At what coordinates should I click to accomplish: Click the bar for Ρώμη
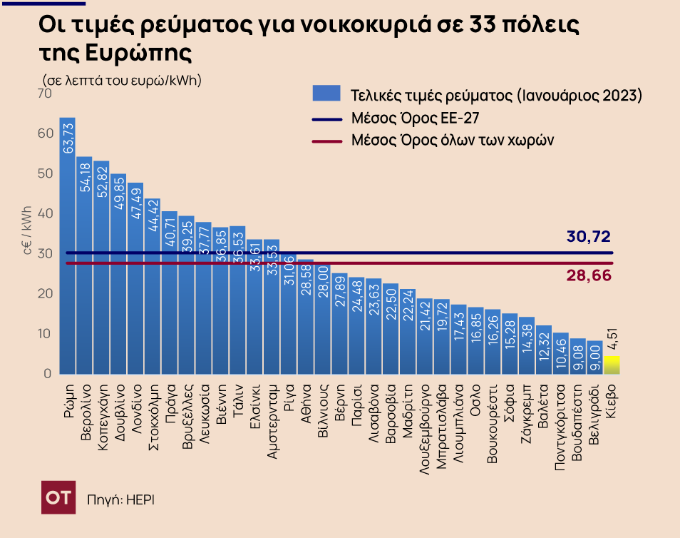point(68,245)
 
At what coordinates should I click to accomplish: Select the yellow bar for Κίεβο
point(612,365)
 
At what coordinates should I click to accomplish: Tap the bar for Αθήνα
point(305,317)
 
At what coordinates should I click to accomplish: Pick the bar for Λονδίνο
point(135,278)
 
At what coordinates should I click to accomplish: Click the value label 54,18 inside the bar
point(85,178)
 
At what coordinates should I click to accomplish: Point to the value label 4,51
point(612,342)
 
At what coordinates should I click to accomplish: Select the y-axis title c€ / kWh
point(27,229)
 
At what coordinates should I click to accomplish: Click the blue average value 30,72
point(589,237)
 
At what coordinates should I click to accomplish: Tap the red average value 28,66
point(589,275)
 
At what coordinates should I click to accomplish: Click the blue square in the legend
point(325,94)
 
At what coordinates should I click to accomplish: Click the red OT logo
point(58,498)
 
